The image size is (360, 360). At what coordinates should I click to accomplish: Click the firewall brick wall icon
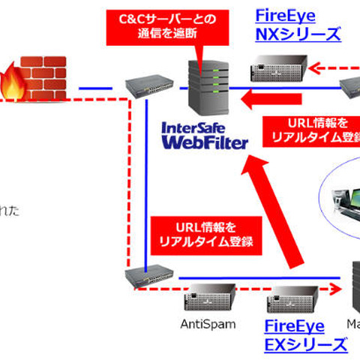pyautogui.click(x=37, y=75)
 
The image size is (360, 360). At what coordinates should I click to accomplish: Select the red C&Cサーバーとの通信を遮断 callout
pyautogui.click(x=161, y=26)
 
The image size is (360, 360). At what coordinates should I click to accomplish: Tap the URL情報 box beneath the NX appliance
pyautogui.click(x=308, y=130)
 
